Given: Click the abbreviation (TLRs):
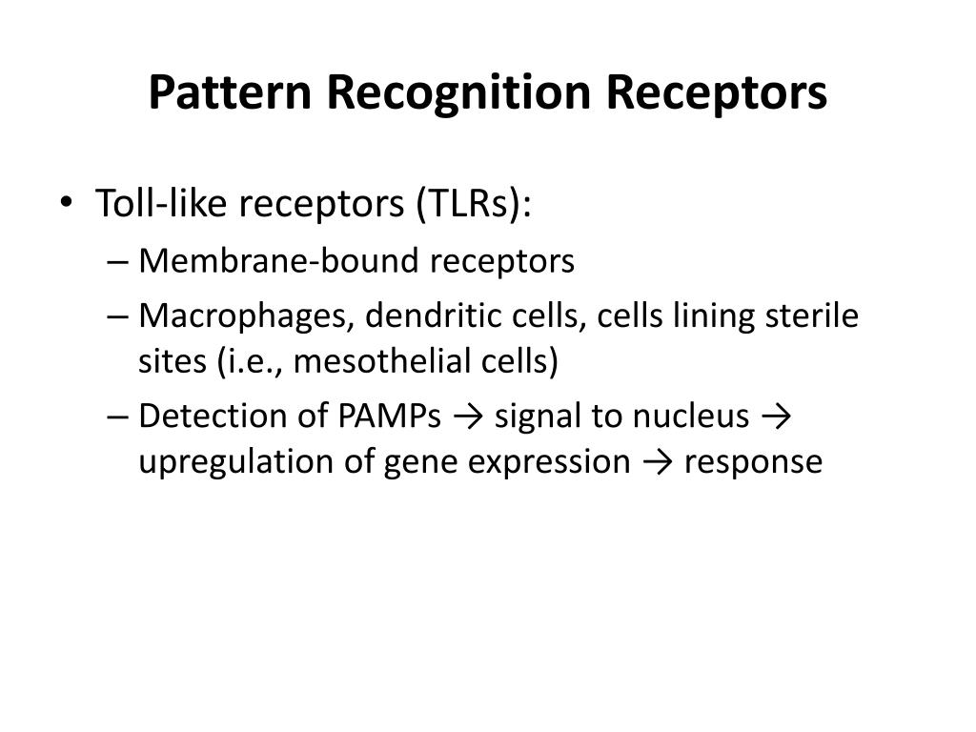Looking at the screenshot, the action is point(473,204).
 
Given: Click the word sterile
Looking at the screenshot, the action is point(813,315).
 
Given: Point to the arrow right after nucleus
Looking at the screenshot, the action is point(781,417).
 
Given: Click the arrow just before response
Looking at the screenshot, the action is point(657,462).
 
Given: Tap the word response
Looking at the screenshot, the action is point(753,463).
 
